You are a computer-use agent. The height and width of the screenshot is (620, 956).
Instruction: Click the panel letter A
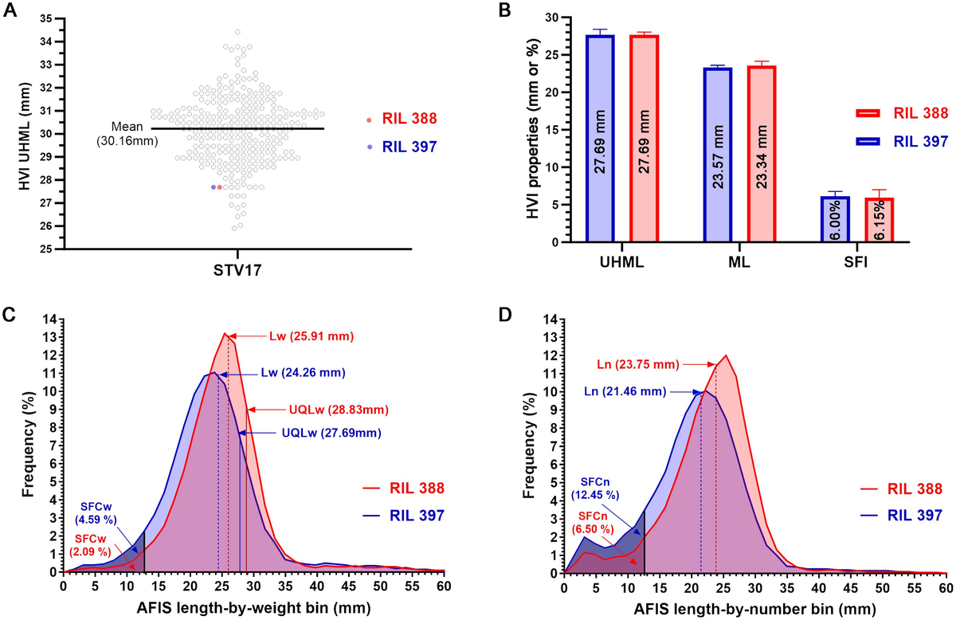coord(12,10)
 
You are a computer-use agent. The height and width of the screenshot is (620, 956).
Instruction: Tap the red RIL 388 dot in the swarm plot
coord(220,187)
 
